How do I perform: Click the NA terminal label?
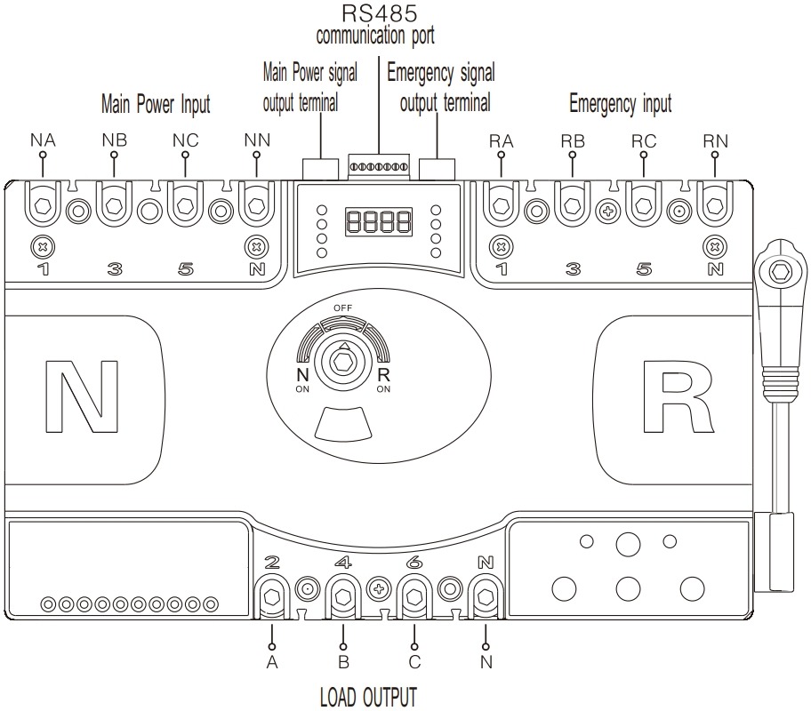[x=43, y=140]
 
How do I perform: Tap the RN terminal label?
[x=715, y=140]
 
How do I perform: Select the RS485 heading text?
[x=378, y=14]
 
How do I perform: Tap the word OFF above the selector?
[x=342, y=308]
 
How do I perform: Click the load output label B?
[x=343, y=662]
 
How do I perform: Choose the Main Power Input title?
[x=155, y=105]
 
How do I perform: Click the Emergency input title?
[x=619, y=104]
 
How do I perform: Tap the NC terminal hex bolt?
[x=185, y=206]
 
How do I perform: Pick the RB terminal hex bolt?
[x=572, y=206]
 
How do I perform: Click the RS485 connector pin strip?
[x=378, y=166]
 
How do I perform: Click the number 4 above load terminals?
[x=343, y=562]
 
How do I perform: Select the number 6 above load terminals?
[x=414, y=562]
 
